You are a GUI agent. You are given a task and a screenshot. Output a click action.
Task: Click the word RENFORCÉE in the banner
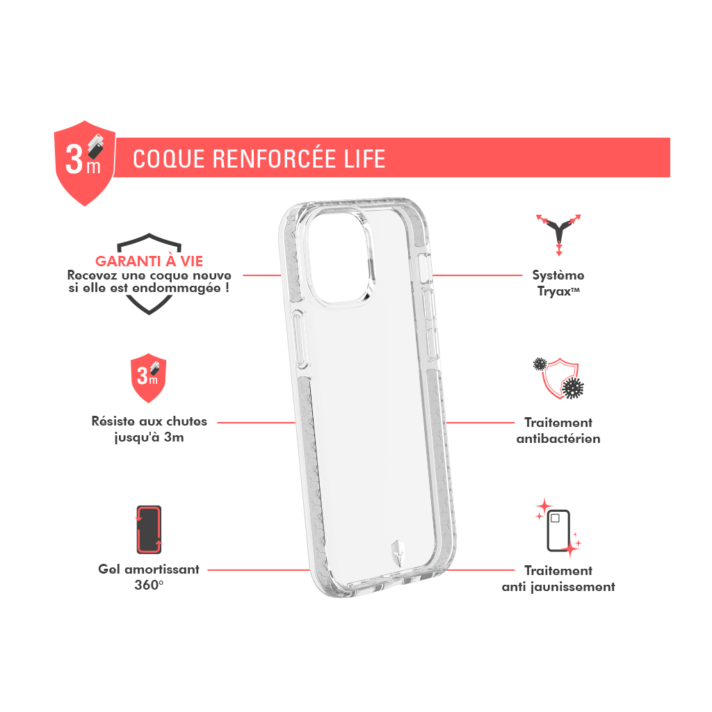(x=274, y=159)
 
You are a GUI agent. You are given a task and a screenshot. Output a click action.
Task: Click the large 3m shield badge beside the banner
(x=85, y=163)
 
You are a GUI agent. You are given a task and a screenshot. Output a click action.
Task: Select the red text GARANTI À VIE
(x=149, y=261)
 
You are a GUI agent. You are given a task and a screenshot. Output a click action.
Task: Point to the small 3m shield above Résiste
(x=149, y=378)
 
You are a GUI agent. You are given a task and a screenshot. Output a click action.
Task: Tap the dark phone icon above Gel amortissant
(x=149, y=529)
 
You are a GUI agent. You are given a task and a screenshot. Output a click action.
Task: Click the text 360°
(x=149, y=585)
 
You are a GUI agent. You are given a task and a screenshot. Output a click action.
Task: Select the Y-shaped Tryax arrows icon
(x=558, y=234)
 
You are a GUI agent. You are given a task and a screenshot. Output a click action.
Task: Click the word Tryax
(x=553, y=291)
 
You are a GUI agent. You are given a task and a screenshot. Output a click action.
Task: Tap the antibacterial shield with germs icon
(x=558, y=378)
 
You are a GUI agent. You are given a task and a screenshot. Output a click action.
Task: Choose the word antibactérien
(x=558, y=439)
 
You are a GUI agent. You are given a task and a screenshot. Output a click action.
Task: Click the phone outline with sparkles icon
(x=558, y=528)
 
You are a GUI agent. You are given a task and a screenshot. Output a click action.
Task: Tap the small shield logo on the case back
(x=398, y=553)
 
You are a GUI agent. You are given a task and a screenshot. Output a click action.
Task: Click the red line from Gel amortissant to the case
(x=259, y=570)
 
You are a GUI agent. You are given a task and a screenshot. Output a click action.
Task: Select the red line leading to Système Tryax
(x=477, y=275)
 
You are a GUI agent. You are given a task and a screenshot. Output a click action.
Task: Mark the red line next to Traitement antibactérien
(x=480, y=423)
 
